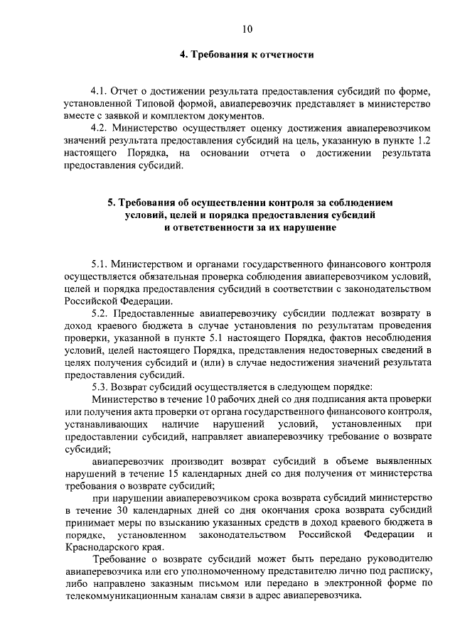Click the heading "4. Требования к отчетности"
pyautogui.click(x=247, y=54)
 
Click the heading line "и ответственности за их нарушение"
pyautogui.click(x=247, y=227)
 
